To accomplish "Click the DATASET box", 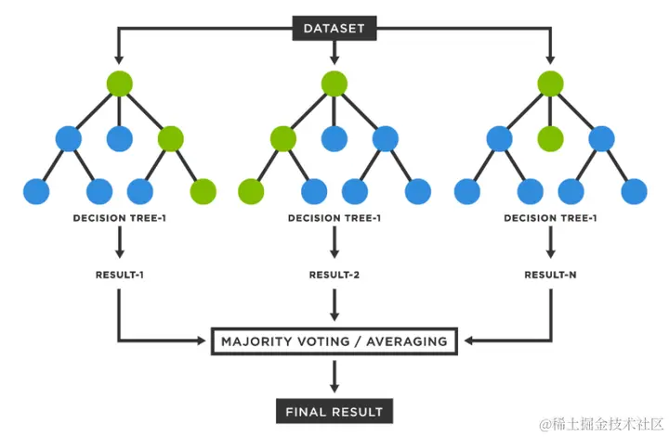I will [x=334, y=29].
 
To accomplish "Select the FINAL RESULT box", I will [x=334, y=410].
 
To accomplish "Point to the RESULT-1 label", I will [x=119, y=275].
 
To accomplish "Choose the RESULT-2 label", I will [x=334, y=275].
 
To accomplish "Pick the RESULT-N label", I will [x=550, y=275].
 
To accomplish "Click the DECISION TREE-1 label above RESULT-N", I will [x=550, y=219].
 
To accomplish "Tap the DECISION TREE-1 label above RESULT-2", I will [x=334, y=219].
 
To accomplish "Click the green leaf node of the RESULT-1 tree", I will [x=203, y=192].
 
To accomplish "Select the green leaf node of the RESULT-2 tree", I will [x=251, y=192].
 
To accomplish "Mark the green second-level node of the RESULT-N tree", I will [x=550, y=139].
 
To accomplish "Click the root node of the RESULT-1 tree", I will [x=119, y=83].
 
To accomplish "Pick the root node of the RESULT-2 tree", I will [x=334, y=83].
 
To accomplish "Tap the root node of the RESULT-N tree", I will [x=550, y=83].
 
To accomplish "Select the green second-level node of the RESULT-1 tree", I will [x=171, y=139].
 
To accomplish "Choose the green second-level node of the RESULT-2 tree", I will [x=283, y=139].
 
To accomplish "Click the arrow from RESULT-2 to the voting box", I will [x=334, y=303].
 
